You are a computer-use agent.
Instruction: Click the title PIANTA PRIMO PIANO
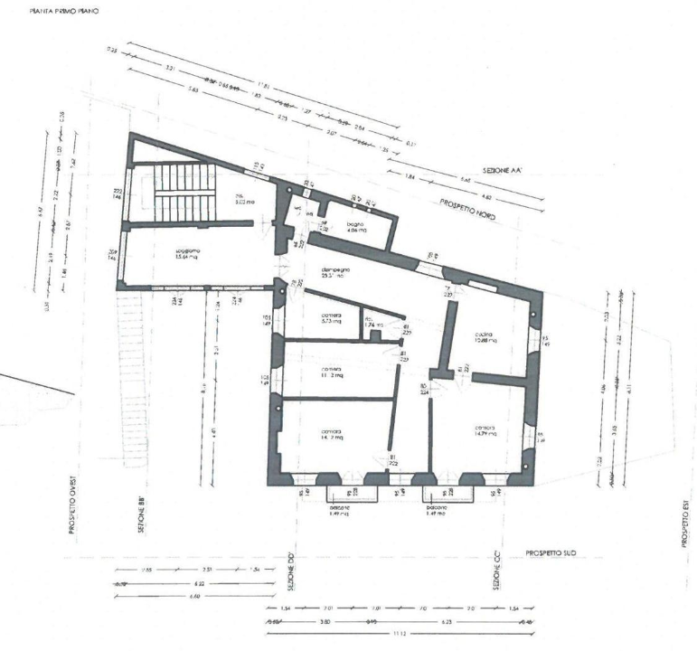click(63, 11)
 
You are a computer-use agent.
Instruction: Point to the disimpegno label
click(332, 272)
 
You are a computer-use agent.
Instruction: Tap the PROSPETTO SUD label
click(551, 552)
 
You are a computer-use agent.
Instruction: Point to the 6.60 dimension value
click(195, 597)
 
